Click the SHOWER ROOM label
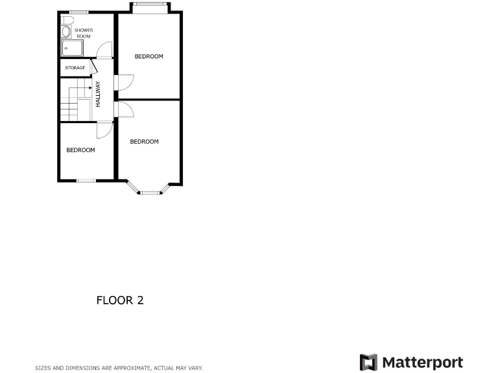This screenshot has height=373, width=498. coord(84,33)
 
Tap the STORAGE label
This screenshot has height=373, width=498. coord(75,67)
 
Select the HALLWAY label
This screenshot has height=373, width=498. coord(98,94)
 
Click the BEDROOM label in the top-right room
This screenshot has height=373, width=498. coord(148,56)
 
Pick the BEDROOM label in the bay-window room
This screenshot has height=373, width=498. coord(144,142)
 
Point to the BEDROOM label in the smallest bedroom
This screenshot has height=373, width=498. coord(80,150)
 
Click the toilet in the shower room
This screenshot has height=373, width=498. coord(66,32)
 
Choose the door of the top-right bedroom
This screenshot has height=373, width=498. coord(124,82)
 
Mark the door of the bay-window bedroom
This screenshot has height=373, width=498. coord(124,109)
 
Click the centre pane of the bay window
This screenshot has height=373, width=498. coord(150,192)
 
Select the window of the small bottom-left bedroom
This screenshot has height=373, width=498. coord(86,180)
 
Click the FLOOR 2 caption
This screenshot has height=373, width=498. coord(120,300)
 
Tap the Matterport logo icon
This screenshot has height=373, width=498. coord(368,362)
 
